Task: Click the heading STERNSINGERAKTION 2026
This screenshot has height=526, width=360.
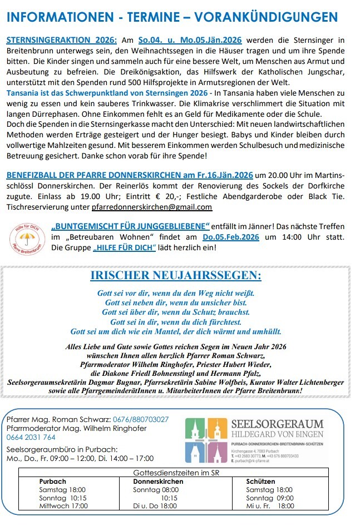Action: click(62, 41)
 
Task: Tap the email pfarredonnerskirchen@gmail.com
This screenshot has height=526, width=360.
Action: click(152, 207)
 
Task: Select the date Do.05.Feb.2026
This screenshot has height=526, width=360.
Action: click(230, 236)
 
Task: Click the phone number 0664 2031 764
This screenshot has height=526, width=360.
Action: click(32, 437)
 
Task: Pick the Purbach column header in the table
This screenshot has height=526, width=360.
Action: click(53, 482)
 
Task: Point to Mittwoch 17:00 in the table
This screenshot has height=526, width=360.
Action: click(63, 506)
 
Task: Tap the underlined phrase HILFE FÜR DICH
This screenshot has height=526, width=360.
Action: click(125, 247)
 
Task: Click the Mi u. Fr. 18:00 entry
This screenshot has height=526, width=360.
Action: click(270, 506)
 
